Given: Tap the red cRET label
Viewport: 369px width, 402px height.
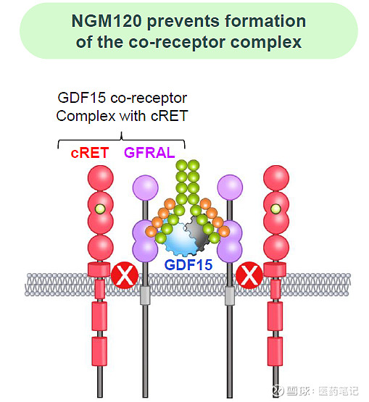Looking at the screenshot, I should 89,152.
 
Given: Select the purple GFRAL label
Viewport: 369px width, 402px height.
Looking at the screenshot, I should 149,152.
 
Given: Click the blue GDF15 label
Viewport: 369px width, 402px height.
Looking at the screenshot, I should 188,264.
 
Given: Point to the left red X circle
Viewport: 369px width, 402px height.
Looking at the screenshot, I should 124,276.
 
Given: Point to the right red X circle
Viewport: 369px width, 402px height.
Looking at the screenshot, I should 250,276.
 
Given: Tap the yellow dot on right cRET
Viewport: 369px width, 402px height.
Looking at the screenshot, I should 275,209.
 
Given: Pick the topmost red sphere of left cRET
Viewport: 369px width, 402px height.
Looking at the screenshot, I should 100,178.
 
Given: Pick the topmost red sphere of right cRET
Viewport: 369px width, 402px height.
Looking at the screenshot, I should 275,178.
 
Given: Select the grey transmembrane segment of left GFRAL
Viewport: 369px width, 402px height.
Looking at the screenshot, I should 145,296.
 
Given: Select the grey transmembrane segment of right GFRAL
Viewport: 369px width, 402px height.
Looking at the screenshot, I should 231,296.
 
